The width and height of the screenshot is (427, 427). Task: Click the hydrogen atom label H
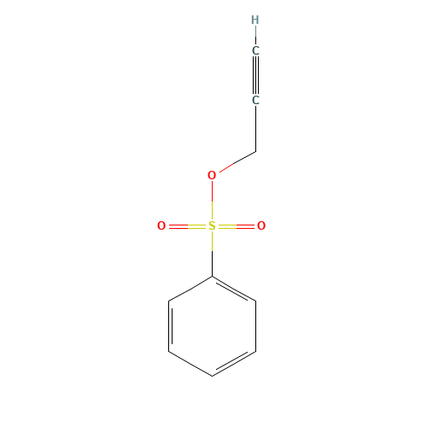click(255, 20)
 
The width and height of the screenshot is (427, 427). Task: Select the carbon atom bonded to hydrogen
click(255, 50)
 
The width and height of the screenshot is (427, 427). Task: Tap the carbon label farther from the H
click(255, 101)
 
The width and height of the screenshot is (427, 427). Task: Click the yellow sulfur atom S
click(212, 226)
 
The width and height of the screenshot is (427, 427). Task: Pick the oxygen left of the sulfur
click(161, 226)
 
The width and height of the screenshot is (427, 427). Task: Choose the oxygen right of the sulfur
click(261, 226)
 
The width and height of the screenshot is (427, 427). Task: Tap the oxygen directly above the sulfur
click(212, 176)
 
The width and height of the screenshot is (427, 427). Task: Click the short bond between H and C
click(255, 35)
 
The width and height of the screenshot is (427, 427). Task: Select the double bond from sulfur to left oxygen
click(186, 226)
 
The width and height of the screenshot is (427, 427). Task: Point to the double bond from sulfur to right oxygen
click(237, 226)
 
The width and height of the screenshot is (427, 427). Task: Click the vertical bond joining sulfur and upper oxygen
click(212, 201)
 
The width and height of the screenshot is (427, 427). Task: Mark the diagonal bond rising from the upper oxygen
click(236, 163)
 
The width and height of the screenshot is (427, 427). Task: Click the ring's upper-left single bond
click(190, 289)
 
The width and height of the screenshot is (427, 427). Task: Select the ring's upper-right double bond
click(233, 289)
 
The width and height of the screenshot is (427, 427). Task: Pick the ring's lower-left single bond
click(190, 363)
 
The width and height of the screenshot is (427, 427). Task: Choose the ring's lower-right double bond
click(233, 363)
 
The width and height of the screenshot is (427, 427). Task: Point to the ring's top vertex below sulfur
click(212, 276)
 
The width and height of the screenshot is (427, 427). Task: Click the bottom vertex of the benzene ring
click(212, 376)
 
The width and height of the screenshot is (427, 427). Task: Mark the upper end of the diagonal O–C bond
click(254, 152)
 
